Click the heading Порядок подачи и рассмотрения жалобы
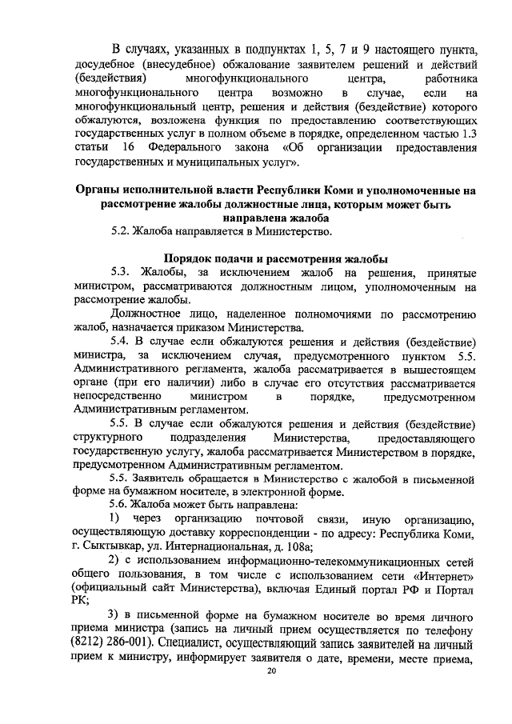[276, 259]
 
